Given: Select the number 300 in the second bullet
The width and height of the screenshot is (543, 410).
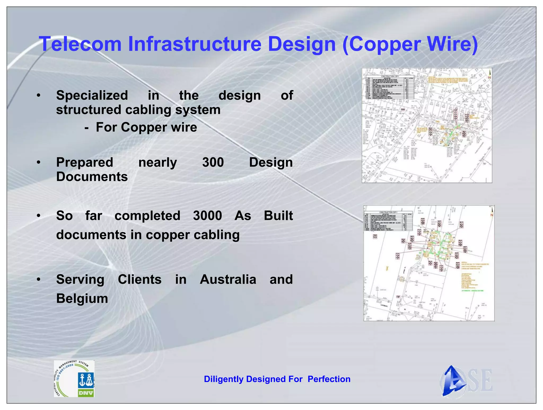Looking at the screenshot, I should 213,162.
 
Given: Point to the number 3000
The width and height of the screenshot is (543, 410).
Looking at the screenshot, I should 207,216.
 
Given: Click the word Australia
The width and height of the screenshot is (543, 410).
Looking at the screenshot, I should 228,279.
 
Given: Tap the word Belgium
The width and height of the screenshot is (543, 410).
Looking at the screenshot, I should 82,298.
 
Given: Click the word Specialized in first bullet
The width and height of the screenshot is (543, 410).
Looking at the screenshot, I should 92,95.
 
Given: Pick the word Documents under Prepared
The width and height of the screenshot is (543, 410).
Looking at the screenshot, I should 92,177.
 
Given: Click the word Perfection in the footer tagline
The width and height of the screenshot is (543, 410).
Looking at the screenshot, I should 329,379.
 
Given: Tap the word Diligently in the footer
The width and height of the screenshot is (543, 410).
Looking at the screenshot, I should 224,379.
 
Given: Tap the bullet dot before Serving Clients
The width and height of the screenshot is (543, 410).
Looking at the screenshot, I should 39,279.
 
